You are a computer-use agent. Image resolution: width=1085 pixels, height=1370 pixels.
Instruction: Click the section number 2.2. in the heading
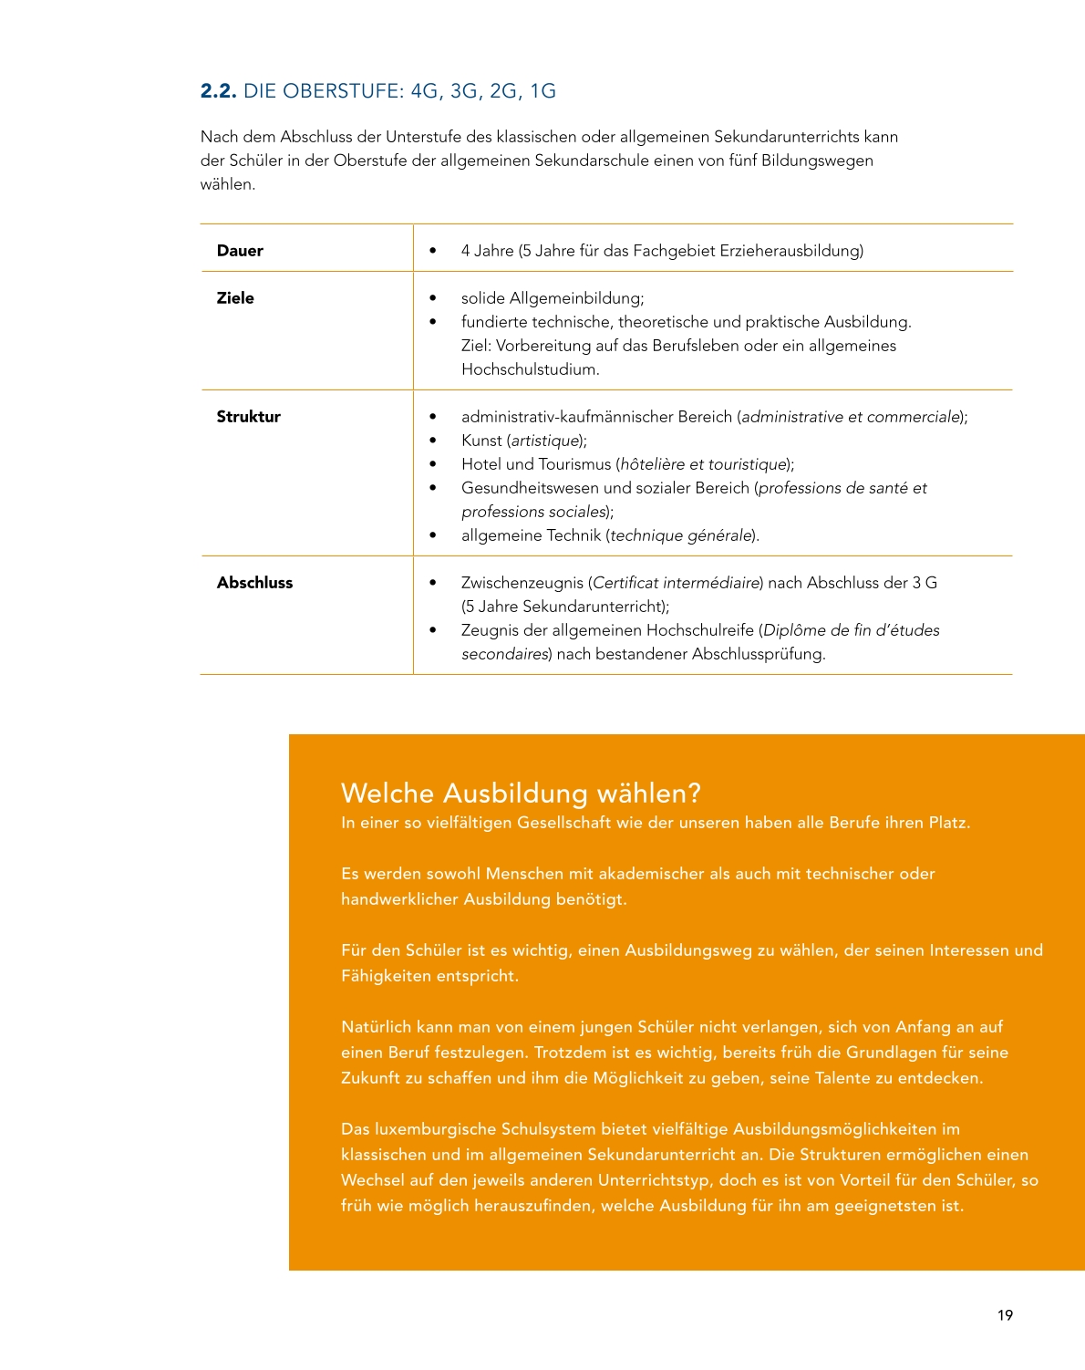218,91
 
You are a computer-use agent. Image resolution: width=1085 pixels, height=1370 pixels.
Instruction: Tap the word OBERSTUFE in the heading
343,91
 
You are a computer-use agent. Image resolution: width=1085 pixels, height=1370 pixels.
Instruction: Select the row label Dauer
240,251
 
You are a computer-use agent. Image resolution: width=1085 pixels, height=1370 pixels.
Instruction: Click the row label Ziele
235,298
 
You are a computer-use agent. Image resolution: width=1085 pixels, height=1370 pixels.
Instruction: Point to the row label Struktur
248,417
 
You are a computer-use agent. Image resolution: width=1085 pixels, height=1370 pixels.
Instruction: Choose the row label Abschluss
254,583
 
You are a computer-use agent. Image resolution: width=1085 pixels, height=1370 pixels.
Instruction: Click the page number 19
1005,1315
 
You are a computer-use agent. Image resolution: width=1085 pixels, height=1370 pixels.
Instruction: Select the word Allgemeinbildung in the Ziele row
576,298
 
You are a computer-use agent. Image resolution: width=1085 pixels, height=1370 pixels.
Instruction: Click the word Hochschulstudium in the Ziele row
529,369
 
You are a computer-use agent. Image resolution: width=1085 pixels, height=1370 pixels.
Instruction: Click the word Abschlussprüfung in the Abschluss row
757,654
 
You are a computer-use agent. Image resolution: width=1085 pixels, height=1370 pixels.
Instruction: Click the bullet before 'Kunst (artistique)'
432,441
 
